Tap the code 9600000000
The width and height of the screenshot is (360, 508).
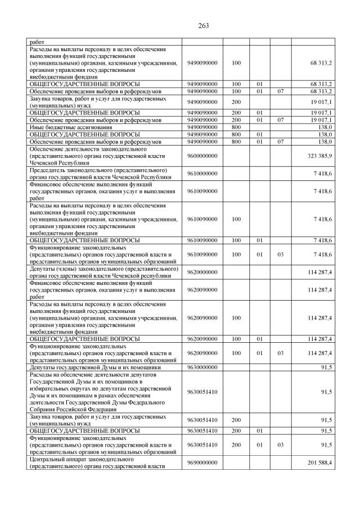click(x=202, y=155)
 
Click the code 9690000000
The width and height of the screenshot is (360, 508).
click(x=202, y=462)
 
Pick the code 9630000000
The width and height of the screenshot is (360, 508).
click(x=202, y=367)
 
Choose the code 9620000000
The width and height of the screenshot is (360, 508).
click(x=202, y=272)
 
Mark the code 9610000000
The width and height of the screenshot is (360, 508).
click(x=202, y=173)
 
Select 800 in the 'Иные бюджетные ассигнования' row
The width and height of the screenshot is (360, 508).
click(x=236, y=128)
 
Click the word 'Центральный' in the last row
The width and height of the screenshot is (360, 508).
click(x=48, y=459)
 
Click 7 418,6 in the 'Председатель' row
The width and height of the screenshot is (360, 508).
click(x=323, y=173)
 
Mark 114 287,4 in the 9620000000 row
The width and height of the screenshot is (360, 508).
click(x=320, y=272)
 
